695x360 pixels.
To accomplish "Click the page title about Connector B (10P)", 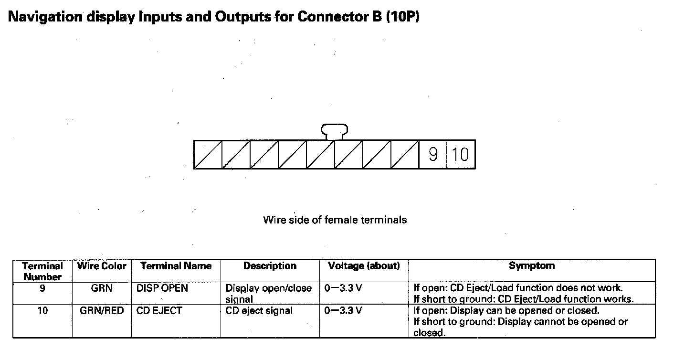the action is (214, 17).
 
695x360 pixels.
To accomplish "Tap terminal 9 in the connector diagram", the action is (433, 155).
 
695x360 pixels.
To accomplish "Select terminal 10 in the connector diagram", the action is (461, 155).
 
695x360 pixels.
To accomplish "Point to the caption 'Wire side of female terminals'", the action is (335, 220).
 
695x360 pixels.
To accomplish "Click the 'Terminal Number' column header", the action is (42, 271).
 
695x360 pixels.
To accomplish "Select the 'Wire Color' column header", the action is (102, 266).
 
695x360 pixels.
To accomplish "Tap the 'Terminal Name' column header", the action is (176, 266).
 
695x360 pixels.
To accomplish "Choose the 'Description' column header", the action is (270, 266).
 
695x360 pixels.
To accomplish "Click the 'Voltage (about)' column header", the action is (364, 266).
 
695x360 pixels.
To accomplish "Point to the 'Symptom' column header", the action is (531, 266).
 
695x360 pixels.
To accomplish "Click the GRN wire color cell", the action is (102, 288).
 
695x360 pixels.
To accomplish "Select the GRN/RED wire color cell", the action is (102, 311).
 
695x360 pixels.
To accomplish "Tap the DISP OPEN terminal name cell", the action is (162, 288).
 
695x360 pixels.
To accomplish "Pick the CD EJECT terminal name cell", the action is (159, 311).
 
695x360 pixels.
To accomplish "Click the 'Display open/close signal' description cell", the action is (268, 294).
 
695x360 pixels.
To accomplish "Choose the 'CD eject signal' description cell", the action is (259, 311).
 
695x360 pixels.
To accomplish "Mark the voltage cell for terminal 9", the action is (343, 288).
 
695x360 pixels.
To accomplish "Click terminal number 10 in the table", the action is (42, 311).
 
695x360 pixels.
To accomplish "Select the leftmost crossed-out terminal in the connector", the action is (208, 155).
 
